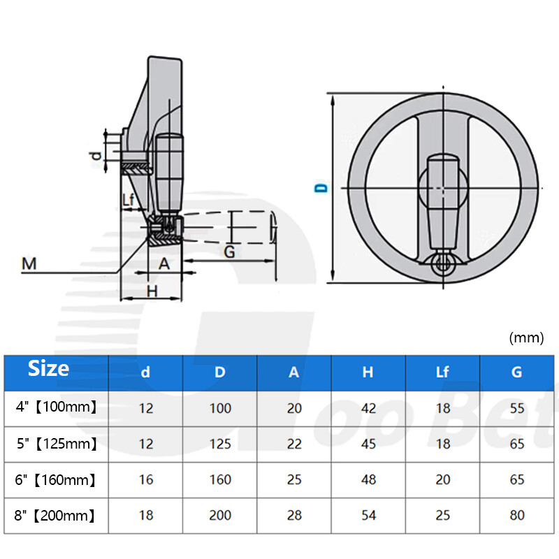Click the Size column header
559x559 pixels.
49,368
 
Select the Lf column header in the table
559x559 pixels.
442,372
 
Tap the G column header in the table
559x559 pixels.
516,372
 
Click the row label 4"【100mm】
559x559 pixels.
56,407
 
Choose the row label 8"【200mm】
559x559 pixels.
56,516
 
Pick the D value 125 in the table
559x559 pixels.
220,444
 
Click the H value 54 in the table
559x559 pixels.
368,516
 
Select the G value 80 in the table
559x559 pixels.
516,516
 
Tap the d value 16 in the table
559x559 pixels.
145,480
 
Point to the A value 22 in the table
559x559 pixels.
294,444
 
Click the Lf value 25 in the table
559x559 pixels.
442,516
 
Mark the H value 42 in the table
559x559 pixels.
368,408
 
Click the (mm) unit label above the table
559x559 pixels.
526,338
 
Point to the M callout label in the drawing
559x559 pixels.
29,263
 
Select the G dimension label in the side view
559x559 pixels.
228,252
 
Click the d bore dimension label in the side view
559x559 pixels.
96,155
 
